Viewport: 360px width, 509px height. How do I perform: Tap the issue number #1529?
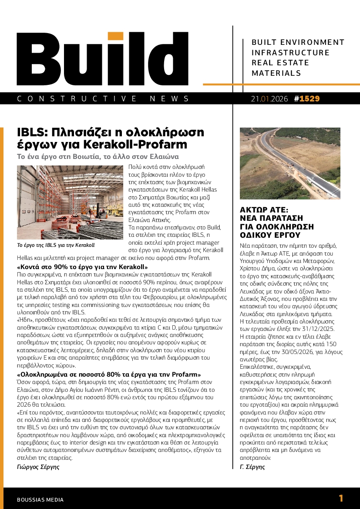307,99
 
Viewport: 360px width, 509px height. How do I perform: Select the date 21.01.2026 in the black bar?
269,99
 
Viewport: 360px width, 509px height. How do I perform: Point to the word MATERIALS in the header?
276,73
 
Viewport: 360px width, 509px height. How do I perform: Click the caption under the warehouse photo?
56,245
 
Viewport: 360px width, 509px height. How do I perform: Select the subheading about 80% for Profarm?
109,374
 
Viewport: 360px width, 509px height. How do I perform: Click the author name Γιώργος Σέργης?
38,467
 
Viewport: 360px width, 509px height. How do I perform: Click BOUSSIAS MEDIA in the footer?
40,500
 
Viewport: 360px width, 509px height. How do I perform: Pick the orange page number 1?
341,499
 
